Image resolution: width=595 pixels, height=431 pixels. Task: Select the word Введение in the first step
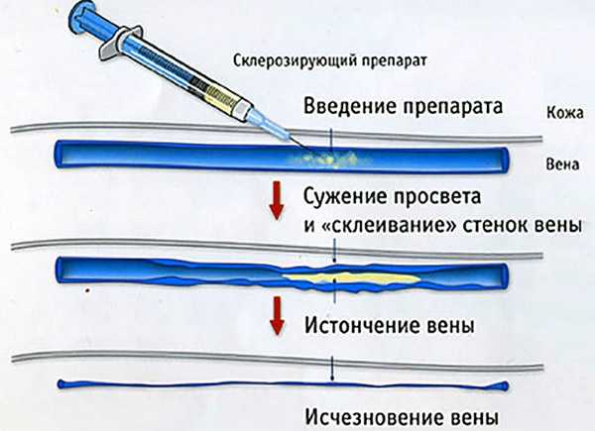(342, 105)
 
